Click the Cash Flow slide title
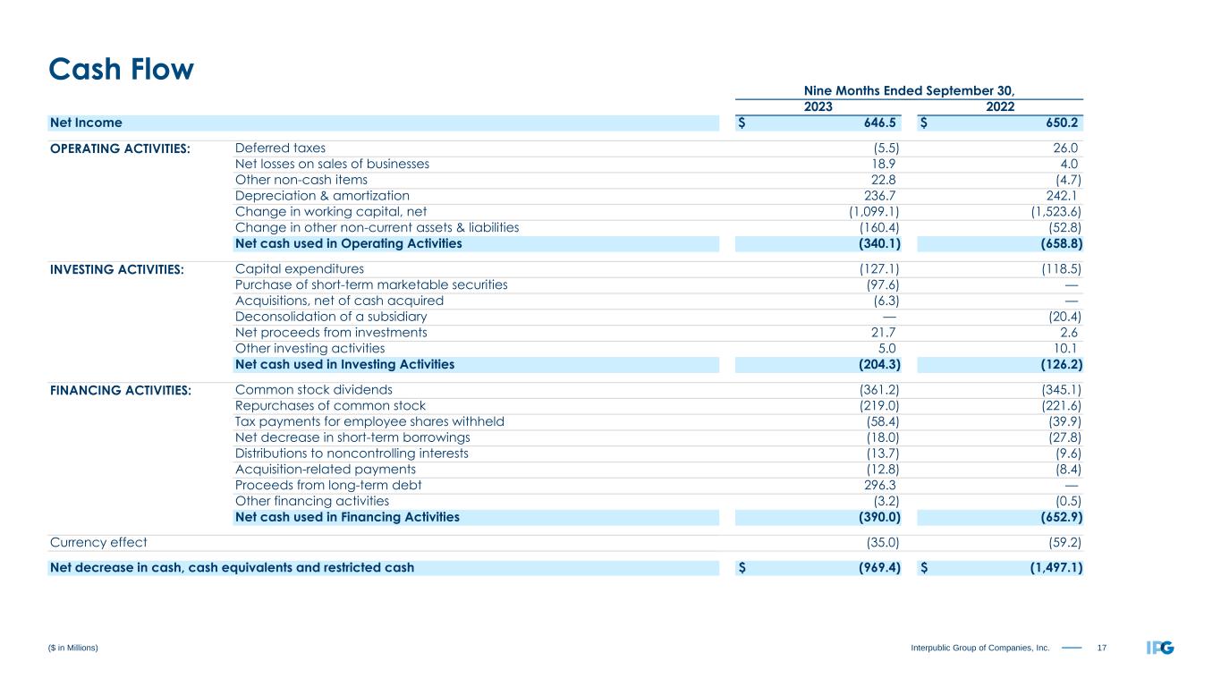coord(121,69)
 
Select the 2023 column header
coord(818,106)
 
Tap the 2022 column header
coord(999,106)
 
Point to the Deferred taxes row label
coord(280,148)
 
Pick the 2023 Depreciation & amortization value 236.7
coord(880,196)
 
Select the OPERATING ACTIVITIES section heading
coord(121,148)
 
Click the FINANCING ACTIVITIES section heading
coord(121,391)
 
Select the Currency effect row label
coord(98,542)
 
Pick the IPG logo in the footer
coord(1160,648)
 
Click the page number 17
coord(1099,648)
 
